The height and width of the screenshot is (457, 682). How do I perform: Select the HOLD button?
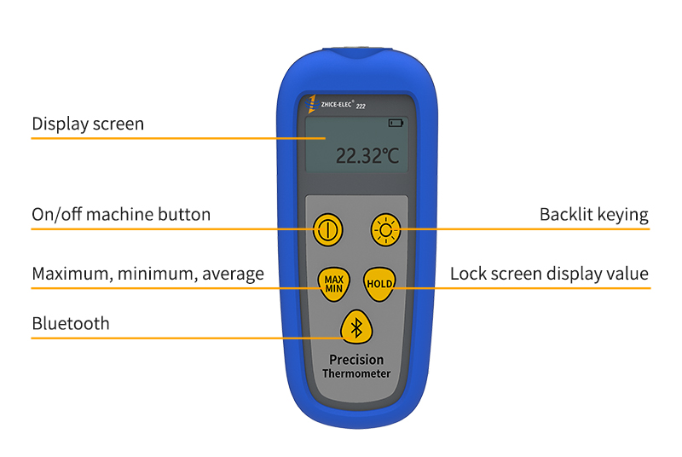tap(380, 283)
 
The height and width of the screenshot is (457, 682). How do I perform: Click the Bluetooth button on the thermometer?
tap(357, 327)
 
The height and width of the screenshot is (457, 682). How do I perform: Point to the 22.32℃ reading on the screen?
tap(367, 155)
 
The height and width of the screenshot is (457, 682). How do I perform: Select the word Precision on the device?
tap(356, 360)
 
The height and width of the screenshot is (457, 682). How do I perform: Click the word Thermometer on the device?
tap(356, 373)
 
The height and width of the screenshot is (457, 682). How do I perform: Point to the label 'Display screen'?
tap(88, 124)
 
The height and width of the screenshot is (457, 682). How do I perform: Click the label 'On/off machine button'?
tap(121, 214)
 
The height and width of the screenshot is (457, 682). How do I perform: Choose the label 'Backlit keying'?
tap(593, 214)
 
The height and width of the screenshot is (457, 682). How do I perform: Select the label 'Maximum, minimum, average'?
tap(147, 274)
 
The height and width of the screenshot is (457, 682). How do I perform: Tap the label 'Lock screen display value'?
tap(549, 274)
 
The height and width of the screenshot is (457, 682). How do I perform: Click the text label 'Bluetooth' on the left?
tap(71, 323)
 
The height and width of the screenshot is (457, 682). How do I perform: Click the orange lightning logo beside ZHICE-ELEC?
tap(313, 103)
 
